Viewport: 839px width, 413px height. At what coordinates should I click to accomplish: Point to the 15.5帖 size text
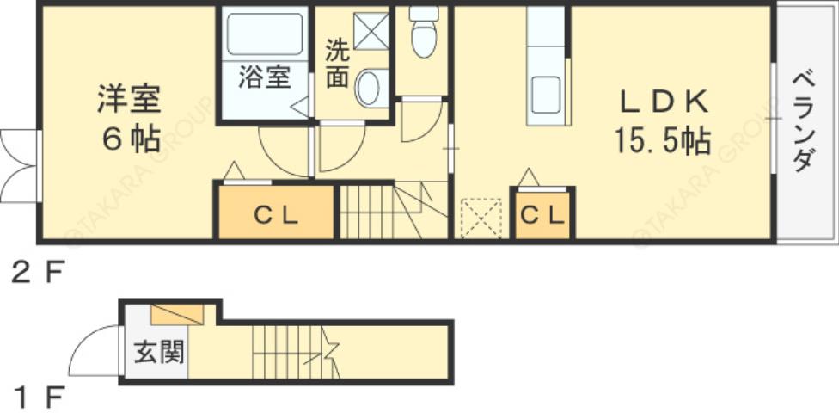coord(662,140)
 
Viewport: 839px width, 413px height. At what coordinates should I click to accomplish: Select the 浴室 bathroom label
coord(263,78)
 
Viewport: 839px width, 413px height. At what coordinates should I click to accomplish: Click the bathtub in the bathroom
coord(264,35)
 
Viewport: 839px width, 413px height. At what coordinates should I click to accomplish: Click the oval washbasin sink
coord(370,88)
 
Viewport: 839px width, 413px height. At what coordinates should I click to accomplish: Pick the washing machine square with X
coord(372,33)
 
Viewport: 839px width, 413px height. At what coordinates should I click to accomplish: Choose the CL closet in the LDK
coord(543,216)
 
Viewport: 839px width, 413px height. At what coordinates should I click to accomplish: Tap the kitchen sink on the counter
coord(545,94)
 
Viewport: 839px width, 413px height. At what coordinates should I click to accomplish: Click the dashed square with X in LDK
coord(481,218)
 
